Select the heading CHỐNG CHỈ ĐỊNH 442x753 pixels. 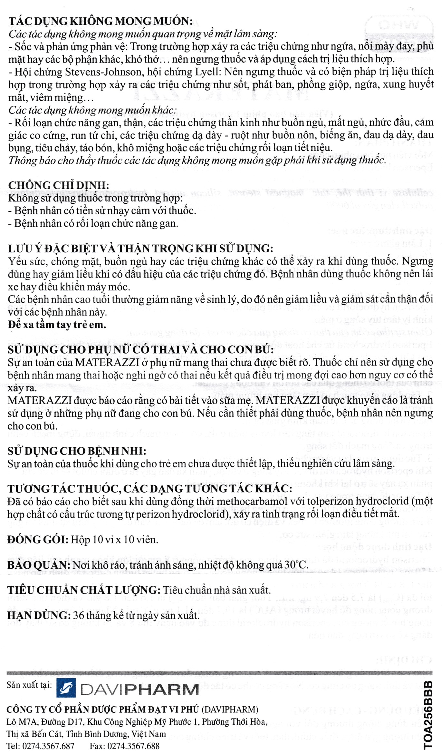(59, 185)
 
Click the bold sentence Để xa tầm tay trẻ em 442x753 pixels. (57, 325)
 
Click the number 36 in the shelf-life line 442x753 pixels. (79, 615)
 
